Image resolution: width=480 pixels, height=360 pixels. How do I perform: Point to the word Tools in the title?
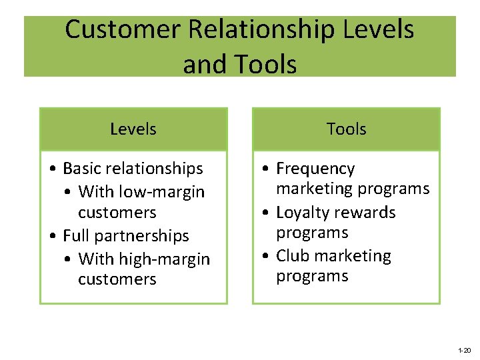(263, 65)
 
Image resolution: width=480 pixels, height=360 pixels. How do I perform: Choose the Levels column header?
(133, 129)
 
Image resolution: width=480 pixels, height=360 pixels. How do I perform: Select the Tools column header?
(346, 129)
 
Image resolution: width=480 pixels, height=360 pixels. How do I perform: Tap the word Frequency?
(315, 169)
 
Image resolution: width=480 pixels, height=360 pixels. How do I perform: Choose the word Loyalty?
(303, 213)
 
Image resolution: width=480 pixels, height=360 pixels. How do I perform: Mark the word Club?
(293, 256)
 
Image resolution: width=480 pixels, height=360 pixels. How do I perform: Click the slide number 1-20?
(464, 350)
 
